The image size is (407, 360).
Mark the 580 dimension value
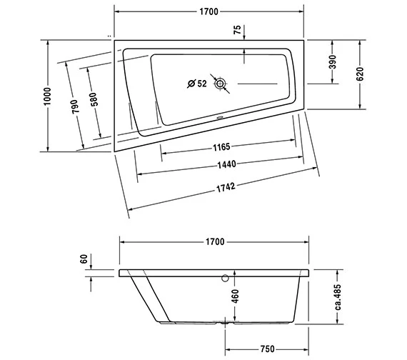[95, 101]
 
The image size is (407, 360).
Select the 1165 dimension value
[220, 148]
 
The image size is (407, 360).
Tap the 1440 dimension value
[226, 164]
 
